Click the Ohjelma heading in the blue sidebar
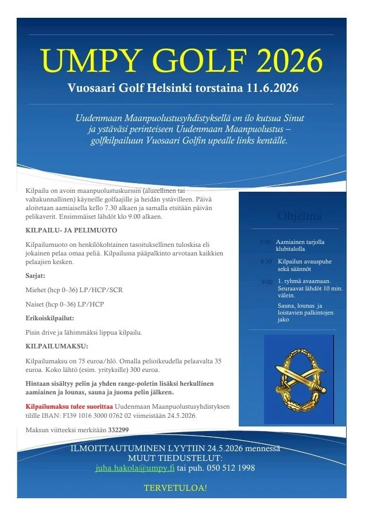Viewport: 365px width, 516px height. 299,216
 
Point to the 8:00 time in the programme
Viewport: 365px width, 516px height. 265,242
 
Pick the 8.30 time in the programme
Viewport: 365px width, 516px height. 266,262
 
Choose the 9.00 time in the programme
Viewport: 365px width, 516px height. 267,281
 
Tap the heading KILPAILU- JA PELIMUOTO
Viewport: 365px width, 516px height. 71,230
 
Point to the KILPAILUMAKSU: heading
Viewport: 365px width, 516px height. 57,346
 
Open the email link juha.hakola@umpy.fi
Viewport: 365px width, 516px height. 135,468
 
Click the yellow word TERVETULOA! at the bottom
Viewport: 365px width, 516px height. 176,488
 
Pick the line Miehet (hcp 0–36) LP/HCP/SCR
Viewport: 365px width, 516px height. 74,290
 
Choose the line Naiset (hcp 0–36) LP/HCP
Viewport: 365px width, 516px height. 64,304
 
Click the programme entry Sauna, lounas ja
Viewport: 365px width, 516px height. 300,305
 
